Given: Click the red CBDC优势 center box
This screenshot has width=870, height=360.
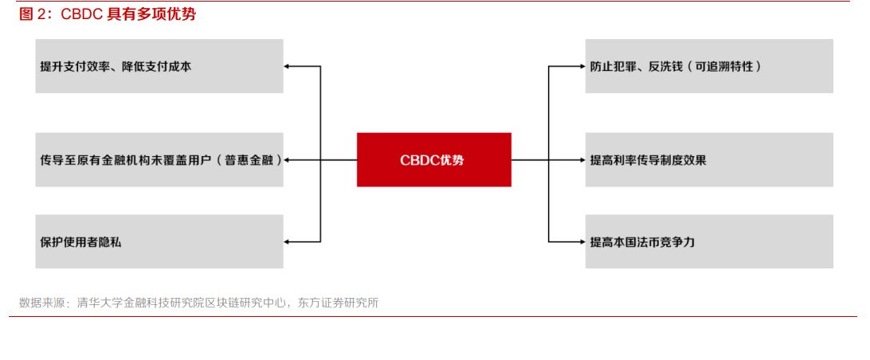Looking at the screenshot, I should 433,159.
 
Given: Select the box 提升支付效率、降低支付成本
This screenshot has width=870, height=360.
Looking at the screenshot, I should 159,66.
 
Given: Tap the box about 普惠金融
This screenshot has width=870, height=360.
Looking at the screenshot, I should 159,159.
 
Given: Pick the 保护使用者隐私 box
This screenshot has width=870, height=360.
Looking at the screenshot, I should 159,241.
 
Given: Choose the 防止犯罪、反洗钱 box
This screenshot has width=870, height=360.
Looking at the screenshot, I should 709,66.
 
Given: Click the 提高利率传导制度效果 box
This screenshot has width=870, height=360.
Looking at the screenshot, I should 709,159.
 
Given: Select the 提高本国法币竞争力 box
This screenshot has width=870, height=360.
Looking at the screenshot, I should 709,241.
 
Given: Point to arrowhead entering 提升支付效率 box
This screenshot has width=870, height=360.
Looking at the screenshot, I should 288,66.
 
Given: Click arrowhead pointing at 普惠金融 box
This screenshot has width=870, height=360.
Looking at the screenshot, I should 288,159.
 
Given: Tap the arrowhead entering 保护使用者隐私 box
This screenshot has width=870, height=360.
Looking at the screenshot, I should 288,241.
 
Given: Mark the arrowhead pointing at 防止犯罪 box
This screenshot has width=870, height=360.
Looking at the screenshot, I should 581,66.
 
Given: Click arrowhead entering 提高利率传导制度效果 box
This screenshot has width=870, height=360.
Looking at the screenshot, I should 581,159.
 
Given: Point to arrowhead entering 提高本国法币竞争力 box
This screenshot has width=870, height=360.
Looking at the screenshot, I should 581,241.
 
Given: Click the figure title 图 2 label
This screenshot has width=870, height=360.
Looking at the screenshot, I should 34,14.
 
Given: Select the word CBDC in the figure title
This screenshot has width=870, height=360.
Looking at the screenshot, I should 83,14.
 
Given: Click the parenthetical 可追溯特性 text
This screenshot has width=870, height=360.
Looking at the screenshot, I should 724,67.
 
